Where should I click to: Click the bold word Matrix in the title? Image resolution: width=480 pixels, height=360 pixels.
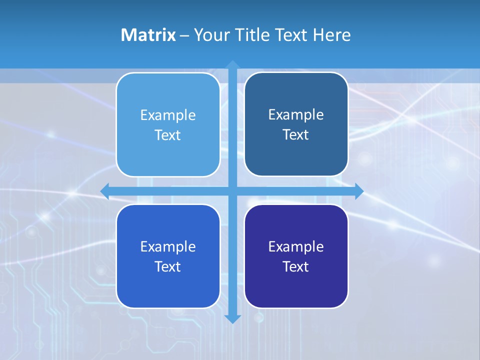(148, 35)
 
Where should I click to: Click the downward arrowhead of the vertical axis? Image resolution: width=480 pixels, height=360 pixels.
(232, 318)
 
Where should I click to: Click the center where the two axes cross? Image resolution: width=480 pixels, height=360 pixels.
(232, 191)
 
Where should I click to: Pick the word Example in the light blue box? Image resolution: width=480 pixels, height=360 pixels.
(168, 115)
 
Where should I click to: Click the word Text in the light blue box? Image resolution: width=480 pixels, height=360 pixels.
(168, 135)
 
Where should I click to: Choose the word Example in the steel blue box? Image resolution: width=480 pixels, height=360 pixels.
(296, 114)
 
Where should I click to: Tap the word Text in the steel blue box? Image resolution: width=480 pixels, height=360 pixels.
(296, 134)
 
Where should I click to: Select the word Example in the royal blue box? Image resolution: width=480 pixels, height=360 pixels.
(168, 246)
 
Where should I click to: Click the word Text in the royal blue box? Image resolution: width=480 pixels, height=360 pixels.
(168, 266)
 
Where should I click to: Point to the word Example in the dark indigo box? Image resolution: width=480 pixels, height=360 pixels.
(296, 246)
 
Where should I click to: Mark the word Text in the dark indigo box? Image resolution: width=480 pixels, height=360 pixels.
(296, 266)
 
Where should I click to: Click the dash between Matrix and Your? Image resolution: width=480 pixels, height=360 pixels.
(184, 35)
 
